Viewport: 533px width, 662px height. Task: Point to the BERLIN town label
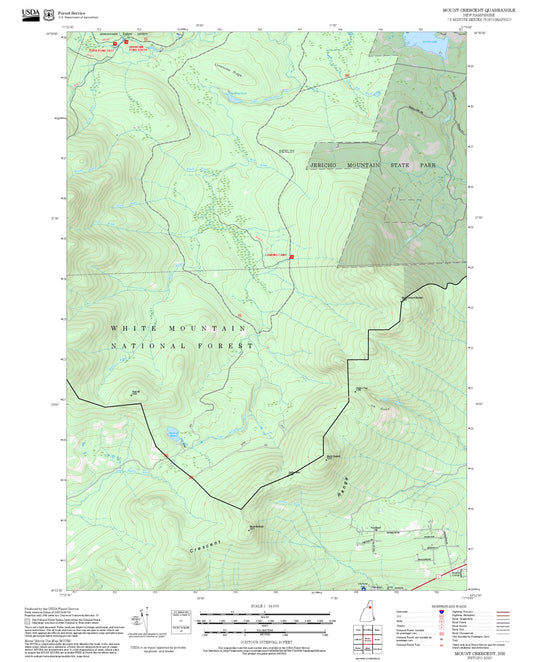285,152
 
